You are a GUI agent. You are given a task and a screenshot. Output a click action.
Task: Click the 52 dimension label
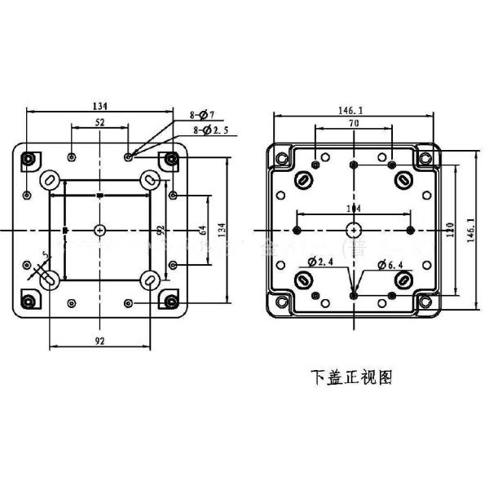pyautogui.click(x=99, y=122)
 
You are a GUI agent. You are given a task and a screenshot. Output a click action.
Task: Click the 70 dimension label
pyautogui.click(x=353, y=122)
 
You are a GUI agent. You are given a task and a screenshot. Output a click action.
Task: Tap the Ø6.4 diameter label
pyautogui.click(x=395, y=264)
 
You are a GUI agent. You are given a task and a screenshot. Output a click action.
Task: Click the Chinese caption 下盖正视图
pyautogui.click(x=352, y=377)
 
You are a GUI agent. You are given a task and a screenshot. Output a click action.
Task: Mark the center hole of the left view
pyautogui.click(x=99, y=230)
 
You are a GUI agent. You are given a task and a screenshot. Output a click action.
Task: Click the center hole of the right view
pyautogui.click(x=353, y=230)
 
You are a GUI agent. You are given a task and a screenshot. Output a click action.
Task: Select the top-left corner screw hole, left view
pyautogui.click(x=29, y=158)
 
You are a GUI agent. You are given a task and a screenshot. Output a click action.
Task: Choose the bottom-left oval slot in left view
pyautogui.click(x=48, y=280)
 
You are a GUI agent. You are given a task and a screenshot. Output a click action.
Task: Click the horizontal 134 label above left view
pyautogui.click(x=100, y=106)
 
